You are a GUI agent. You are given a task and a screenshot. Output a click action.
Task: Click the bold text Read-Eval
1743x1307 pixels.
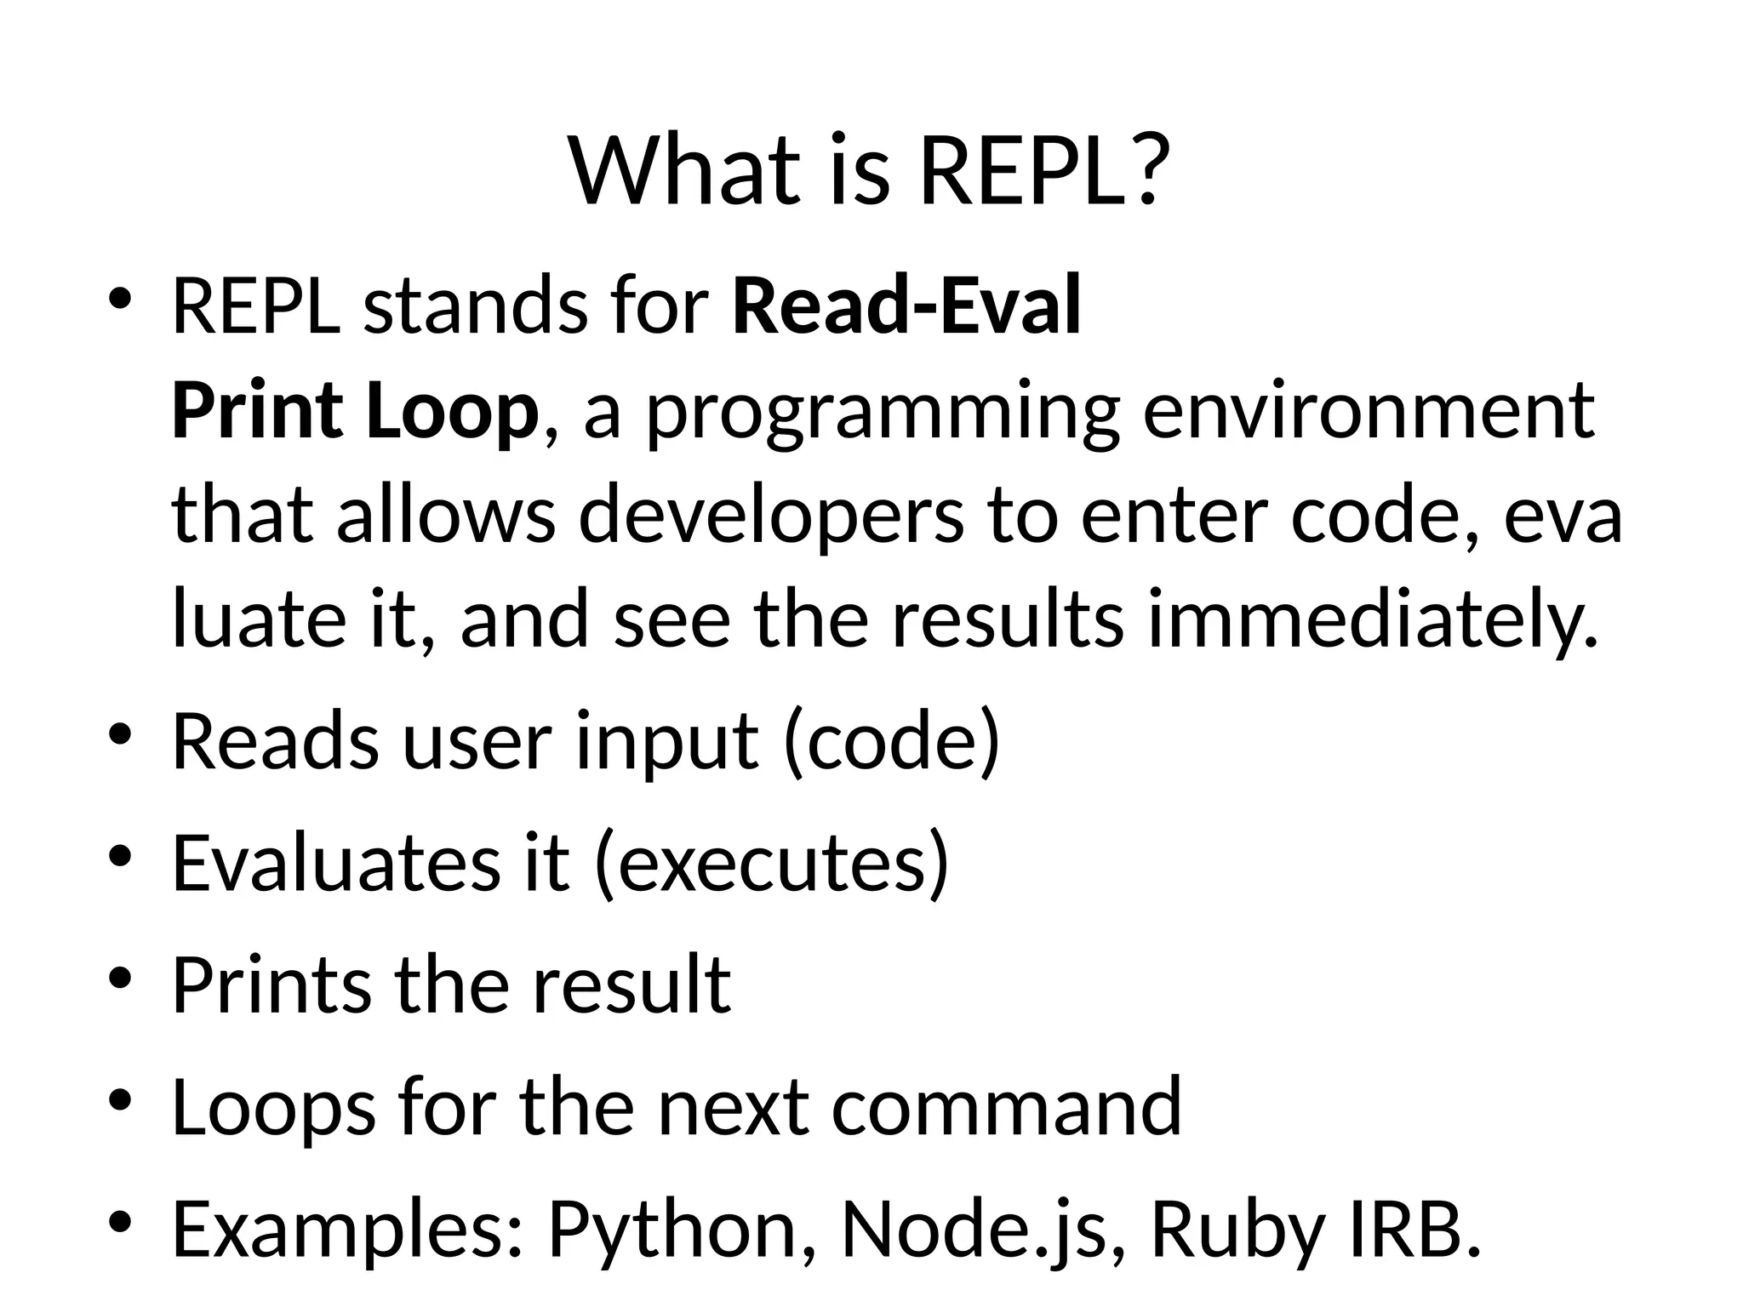pyautogui.click(x=906, y=305)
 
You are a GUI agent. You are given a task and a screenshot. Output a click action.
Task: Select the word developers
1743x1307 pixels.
pyautogui.click(x=771, y=519)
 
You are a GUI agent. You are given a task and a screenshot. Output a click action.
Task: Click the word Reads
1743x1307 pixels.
pyautogui.click(x=276, y=741)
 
